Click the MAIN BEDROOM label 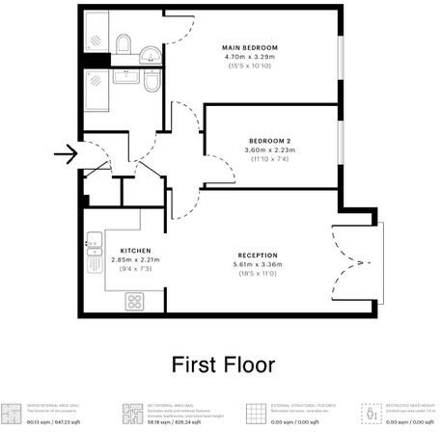tap(250, 48)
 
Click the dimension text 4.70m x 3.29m tap(250, 57)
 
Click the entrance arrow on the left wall tap(66, 152)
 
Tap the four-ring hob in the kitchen tap(134, 301)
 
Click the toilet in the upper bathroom tap(123, 44)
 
